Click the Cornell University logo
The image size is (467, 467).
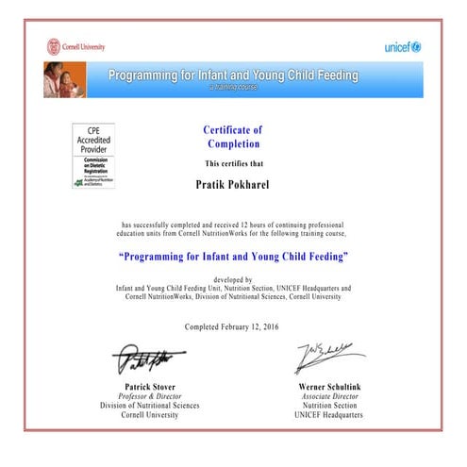tap(76, 46)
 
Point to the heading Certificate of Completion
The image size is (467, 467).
tap(233, 136)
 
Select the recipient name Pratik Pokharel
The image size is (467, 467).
tap(232, 185)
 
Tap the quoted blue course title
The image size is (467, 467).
tap(234, 257)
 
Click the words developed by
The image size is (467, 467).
tap(233, 280)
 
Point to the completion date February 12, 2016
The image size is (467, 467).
tap(256, 326)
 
